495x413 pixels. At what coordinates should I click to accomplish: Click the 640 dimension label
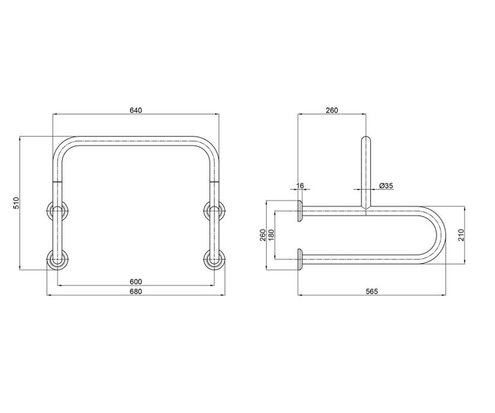[x=136, y=110]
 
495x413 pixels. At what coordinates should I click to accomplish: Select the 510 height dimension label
[x=16, y=203]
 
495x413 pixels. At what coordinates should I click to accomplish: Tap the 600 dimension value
[x=136, y=282]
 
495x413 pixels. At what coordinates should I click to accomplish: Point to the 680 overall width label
[x=136, y=292]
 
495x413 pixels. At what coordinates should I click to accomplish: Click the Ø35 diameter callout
[x=386, y=185]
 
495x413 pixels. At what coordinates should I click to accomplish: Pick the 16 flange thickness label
[x=300, y=185]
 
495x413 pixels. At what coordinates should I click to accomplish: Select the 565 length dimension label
[x=372, y=292]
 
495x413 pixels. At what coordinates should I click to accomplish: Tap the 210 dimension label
[x=461, y=235]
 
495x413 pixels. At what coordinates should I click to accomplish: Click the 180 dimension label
[x=272, y=235]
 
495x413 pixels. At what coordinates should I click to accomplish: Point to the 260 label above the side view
[x=332, y=110]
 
